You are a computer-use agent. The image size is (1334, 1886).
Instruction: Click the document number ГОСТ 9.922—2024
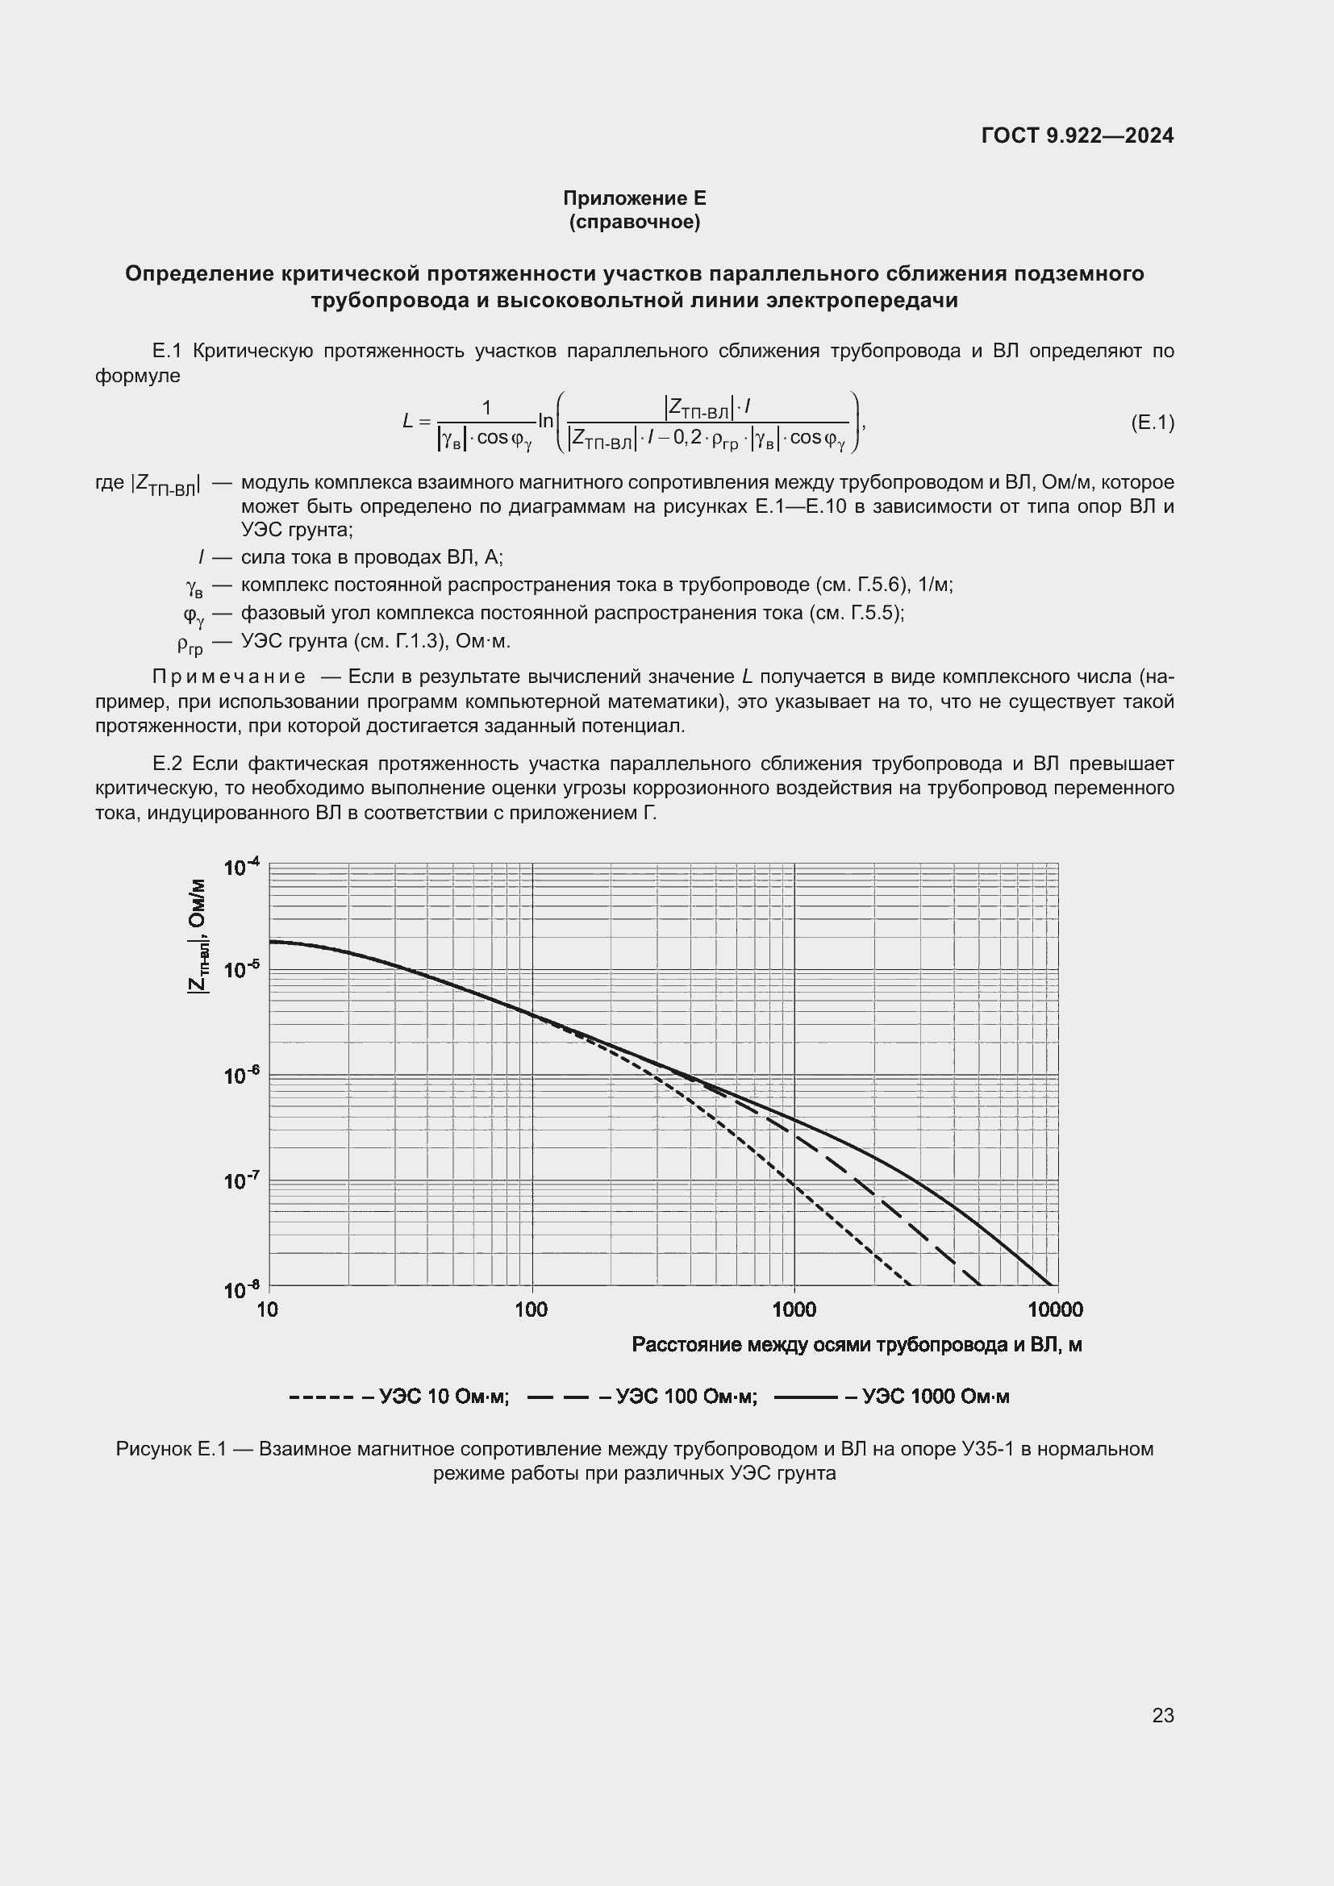pos(1077,136)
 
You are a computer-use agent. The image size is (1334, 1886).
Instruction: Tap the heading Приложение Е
pos(634,198)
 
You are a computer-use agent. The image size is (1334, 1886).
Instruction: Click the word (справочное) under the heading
pos(634,222)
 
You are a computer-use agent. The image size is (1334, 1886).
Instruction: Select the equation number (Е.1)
pos(1152,423)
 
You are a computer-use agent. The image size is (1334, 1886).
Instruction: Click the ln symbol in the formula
pos(546,422)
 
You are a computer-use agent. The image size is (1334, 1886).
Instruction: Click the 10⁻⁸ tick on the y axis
pos(241,1289)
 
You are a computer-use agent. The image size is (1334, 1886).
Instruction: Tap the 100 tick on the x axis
pos(532,1309)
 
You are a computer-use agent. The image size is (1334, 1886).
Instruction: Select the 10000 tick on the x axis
pos(1056,1309)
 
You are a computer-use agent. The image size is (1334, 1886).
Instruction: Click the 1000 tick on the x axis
pos(794,1309)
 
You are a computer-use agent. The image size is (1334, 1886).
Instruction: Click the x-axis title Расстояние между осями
pos(856,1345)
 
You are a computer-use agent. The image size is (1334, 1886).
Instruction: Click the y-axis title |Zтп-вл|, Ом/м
pos(198,935)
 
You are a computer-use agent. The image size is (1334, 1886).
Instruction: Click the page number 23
pos(1162,1715)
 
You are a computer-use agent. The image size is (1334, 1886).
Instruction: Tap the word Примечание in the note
pos(228,677)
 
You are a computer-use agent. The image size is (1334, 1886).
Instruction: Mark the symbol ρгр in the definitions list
pos(190,644)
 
